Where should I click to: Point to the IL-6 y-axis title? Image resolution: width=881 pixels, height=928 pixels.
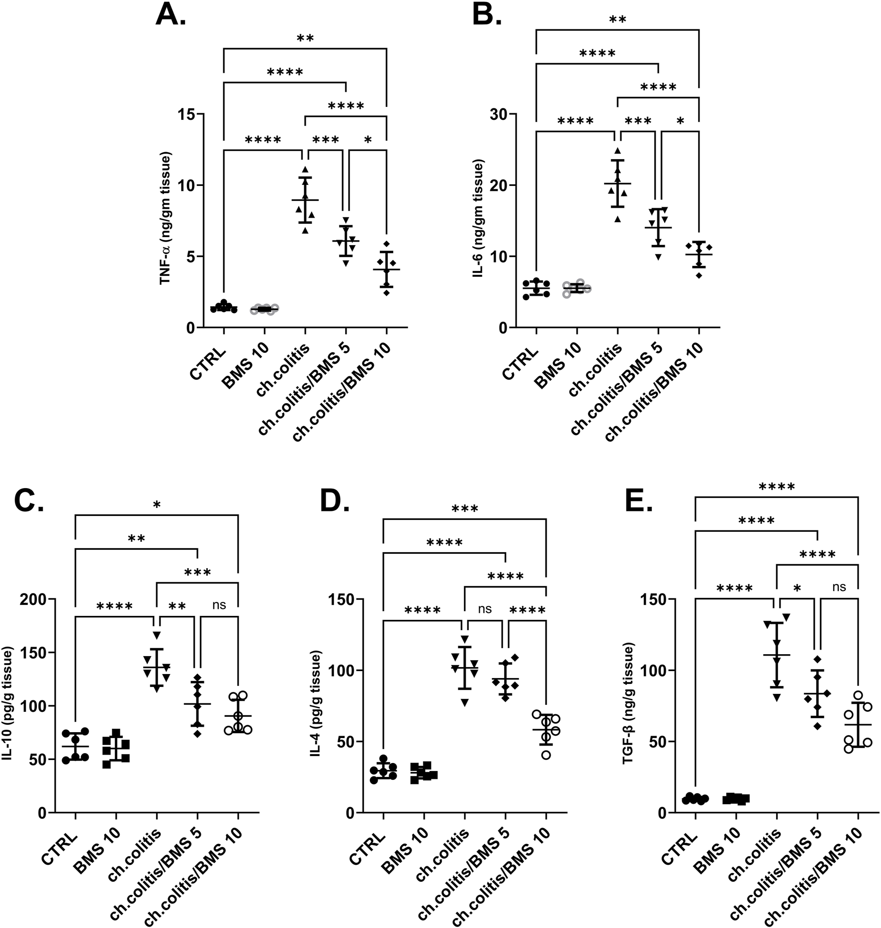coord(479,219)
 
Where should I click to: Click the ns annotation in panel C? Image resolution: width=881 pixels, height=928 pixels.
coord(219,605)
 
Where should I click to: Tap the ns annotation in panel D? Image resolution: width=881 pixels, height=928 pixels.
coord(485,609)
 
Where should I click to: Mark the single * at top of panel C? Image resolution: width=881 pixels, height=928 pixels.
coord(157,505)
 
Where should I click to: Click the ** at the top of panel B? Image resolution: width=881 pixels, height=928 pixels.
coord(617,19)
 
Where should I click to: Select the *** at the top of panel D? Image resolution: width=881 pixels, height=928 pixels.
coord(465,508)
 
